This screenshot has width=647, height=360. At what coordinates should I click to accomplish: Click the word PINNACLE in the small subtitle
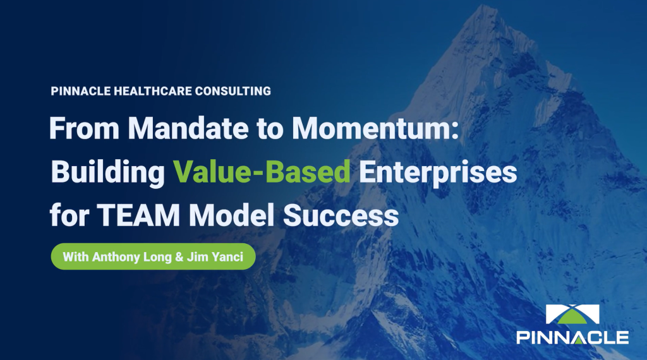pos(80,91)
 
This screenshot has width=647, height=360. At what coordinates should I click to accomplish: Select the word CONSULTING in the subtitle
pos(233,91)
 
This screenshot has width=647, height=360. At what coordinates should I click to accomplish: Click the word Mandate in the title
pos(188,128)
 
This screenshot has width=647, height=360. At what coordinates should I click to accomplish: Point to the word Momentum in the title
pos(372,128)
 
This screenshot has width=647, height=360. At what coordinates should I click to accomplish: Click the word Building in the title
pos(107,172)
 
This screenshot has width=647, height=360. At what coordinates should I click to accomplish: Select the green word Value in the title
pos(210,171)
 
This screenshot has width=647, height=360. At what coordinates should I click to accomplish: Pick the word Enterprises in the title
pos(438,172)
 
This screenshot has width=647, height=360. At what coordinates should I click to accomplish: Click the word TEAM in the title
pos(138,215)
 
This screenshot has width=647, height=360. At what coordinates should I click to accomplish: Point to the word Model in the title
pos(231,215)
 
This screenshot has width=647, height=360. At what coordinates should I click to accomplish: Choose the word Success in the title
pos(341,215)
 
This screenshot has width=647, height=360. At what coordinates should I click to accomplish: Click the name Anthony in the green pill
pos(116,257)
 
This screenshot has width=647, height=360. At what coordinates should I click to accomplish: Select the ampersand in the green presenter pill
pos(179,257)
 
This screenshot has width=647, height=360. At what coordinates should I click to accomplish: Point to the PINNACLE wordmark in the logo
pos(572,337)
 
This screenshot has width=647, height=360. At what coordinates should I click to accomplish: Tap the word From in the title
pos(84,128)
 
